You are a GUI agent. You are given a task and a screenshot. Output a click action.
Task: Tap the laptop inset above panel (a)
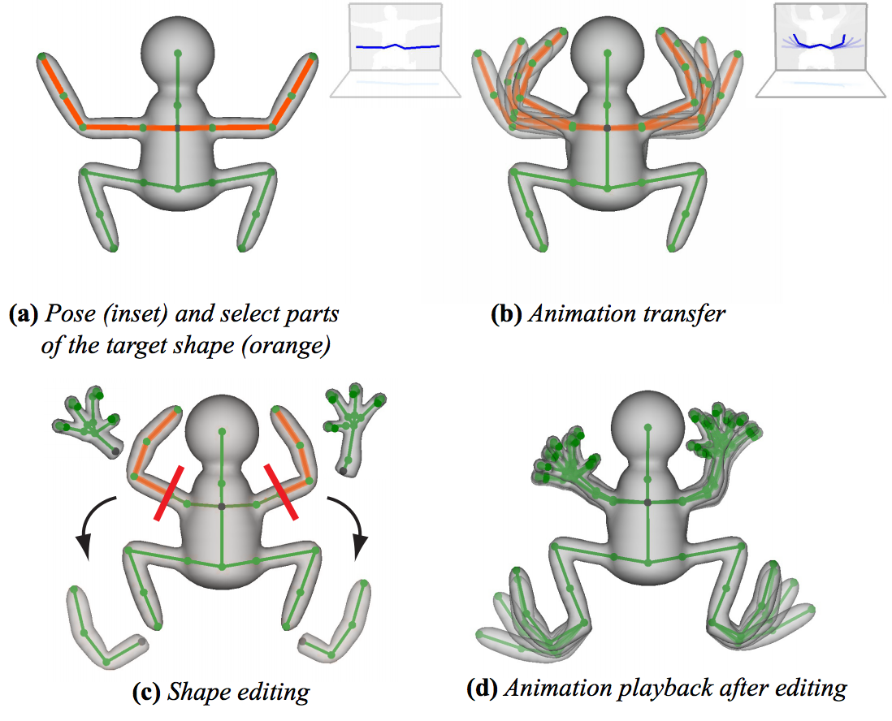(x=396, y=51)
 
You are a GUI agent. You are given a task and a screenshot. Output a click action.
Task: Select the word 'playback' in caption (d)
(x=665, y=689)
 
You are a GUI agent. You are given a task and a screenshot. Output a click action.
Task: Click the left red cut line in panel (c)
(x=168, y=493)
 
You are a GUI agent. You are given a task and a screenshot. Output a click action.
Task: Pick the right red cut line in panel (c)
(x=280, y=491)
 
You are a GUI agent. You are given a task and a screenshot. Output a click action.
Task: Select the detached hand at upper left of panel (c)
(x=89, y=421)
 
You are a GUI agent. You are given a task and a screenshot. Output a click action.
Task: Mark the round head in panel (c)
(x=222, y=432)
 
